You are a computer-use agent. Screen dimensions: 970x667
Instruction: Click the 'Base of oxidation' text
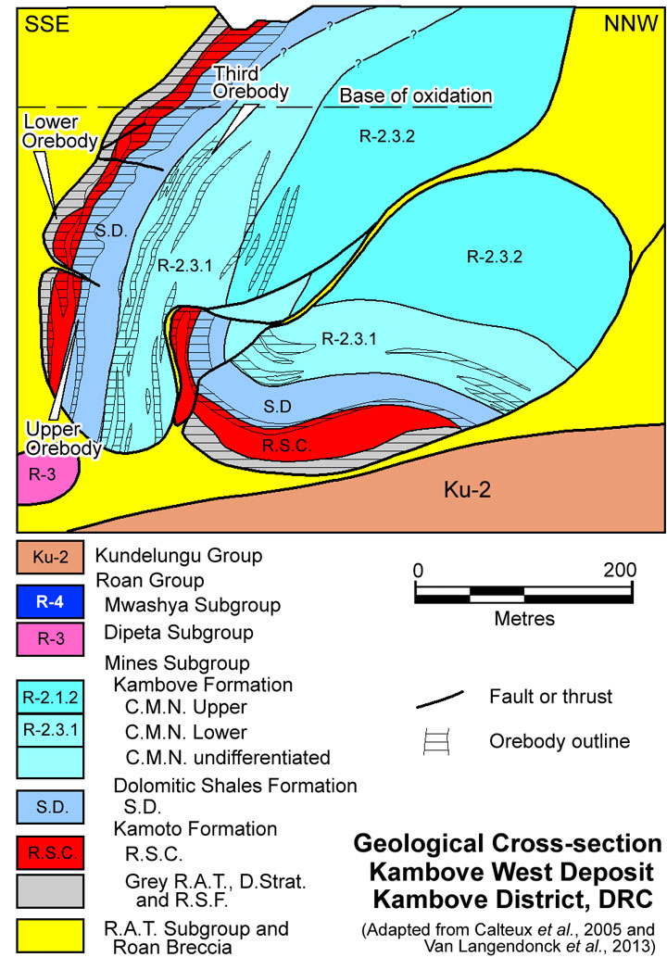tap(415, 95)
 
